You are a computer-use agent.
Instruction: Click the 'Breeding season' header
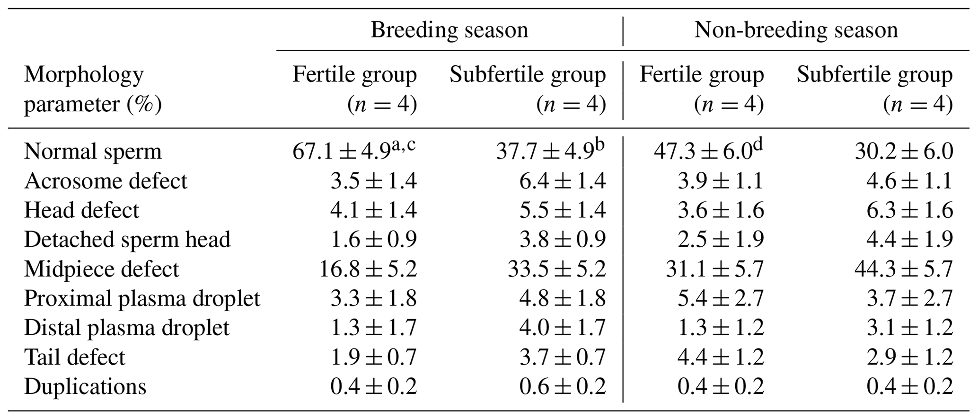[449, 30]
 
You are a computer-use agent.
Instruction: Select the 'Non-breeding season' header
[796, 30]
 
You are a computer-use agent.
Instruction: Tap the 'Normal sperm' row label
[93, 152]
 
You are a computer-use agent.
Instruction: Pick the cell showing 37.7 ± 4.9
[544, 152]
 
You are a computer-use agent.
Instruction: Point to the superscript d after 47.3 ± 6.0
[758, 145]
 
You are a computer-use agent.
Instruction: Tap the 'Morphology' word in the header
[84, 75]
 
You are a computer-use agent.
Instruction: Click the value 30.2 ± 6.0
[903, 152]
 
